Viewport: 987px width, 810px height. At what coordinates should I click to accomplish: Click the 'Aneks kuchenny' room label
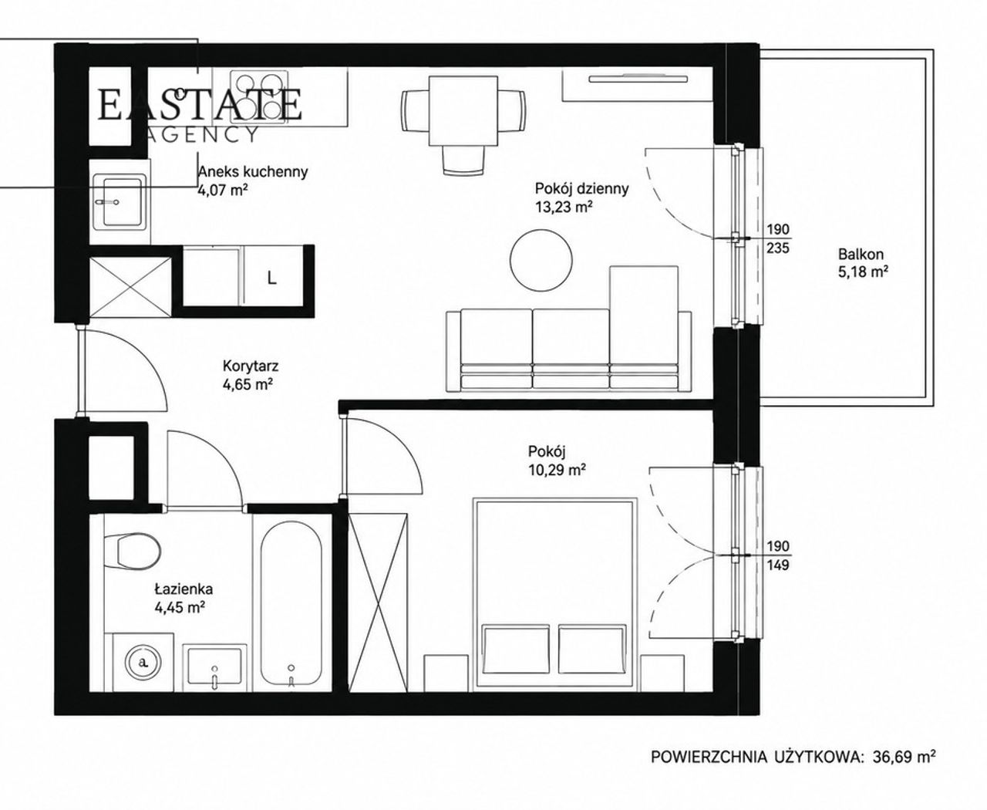(253, 172)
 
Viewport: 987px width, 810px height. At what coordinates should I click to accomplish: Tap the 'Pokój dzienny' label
(581, 189)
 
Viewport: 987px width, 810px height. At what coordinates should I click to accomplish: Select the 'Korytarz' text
(251, 365)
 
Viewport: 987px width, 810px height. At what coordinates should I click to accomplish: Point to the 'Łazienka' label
(184, 588)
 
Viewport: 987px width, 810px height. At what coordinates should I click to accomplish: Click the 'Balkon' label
(861, 255)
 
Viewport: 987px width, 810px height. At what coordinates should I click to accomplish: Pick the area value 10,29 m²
(558, 469)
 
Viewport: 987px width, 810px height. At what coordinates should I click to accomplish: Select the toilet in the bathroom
(133, 550)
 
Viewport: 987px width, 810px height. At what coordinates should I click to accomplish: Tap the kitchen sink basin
(122, 201)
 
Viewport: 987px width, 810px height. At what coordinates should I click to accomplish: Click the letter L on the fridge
(272, 278)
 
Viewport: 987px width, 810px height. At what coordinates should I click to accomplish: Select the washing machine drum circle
(143, 662)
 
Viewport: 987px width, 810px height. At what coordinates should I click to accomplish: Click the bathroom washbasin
(214, 667)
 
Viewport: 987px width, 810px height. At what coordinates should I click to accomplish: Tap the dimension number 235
(778, 248)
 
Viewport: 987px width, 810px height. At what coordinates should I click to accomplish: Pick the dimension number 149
(778, 565)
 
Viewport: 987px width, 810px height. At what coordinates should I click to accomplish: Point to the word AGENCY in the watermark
(201, 134)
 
